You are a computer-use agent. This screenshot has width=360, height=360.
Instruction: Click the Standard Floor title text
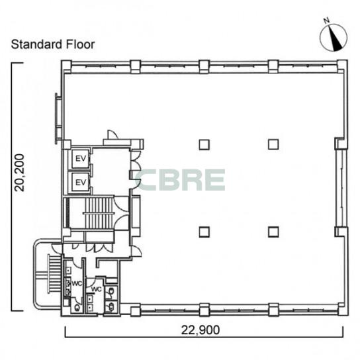click(53, 44)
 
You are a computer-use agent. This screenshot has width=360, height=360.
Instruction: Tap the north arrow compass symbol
click(334, 38)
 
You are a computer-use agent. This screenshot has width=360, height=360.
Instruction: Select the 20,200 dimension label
click(19, 173)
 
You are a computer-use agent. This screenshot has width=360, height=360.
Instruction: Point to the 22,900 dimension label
click(201, 330)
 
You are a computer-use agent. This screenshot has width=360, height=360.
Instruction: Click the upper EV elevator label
click(81, 158)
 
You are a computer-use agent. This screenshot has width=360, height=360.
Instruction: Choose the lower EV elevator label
click(81, 183)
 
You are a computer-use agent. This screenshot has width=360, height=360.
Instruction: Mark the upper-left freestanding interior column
click(204, 145)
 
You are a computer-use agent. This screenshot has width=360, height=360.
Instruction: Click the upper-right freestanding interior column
click(273, 144)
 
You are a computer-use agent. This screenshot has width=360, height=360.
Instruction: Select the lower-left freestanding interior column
click(204, 232)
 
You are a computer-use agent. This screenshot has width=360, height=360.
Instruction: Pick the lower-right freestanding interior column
click(273, 232)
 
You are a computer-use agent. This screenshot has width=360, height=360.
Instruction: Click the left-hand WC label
click(77, 283)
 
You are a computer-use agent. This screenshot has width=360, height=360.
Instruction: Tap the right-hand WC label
click(97, 289)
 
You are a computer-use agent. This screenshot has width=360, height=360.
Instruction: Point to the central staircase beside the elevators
click(99, 213)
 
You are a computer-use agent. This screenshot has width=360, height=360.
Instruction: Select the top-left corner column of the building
click(66, 67)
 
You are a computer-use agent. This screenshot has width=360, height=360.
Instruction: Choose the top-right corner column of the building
click(342, 67)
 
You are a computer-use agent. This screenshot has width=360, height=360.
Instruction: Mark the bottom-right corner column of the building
click(343, 309)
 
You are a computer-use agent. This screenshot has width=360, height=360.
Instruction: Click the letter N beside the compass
click(326, 21)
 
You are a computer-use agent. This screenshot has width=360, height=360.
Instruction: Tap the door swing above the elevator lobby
click(112, 134)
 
